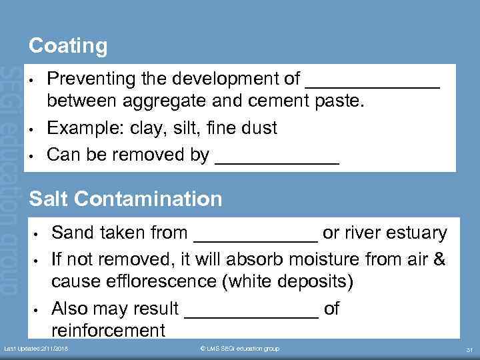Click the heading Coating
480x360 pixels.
68,46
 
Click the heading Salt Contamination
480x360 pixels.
126,198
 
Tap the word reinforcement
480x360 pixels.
109,329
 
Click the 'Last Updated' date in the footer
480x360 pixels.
37,349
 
